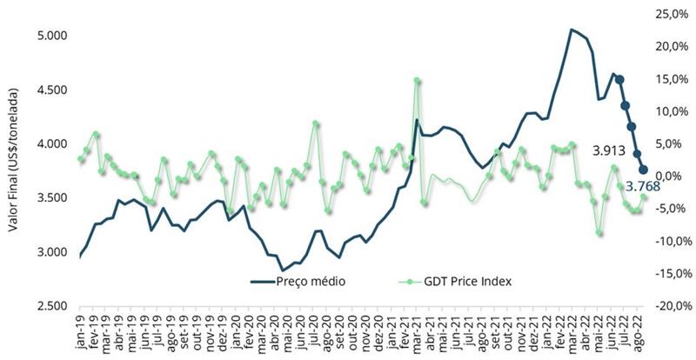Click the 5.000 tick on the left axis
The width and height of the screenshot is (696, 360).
tap(53, 36)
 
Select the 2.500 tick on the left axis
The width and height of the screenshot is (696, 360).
tap(53, 306)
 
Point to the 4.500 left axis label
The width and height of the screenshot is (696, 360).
tap(53, 90)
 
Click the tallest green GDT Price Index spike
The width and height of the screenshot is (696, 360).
tap(418, 81)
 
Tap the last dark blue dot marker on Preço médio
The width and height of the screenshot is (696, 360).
tap(645, 170)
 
